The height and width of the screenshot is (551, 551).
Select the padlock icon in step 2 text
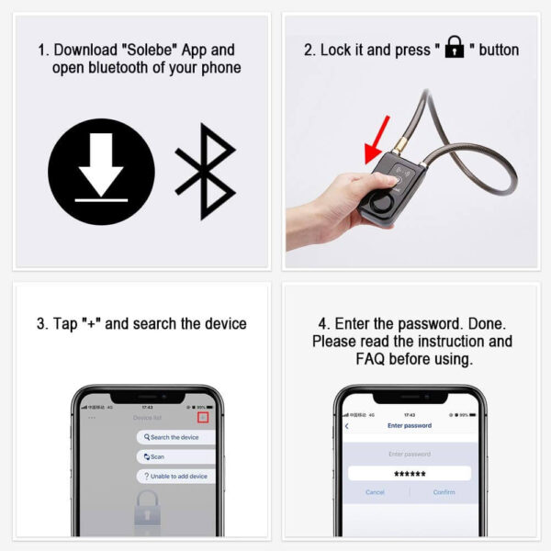[454, 49]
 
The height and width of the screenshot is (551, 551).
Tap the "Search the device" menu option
[174, 437]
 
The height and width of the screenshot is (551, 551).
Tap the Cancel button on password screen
[375, 492]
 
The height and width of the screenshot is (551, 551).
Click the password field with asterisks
[409, 473]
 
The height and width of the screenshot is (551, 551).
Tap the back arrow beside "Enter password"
[346, 426]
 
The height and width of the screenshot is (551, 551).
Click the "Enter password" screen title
[409, 426]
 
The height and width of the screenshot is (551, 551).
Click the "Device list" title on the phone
[147, 418]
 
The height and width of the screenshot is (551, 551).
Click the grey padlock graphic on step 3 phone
[147, 510]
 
